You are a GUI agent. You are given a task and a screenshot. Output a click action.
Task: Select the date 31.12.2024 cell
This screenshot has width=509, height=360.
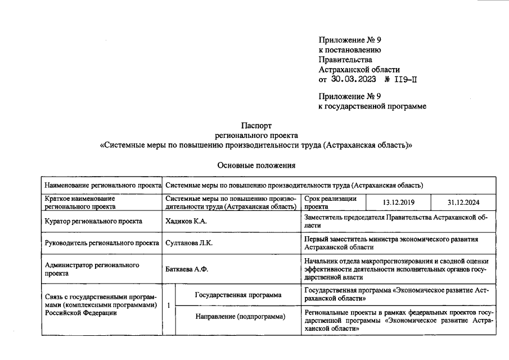click(x=463, y=202)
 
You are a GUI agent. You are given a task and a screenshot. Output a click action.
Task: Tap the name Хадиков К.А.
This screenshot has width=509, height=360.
click(x=186, y=221)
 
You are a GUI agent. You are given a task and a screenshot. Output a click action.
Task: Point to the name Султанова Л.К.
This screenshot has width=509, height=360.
click(x=189, y=243)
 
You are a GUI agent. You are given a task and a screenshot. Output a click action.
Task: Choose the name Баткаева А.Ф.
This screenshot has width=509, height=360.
click(x=187, y=269)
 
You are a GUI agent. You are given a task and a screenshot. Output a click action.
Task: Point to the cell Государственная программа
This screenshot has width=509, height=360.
click(x=238, y=294)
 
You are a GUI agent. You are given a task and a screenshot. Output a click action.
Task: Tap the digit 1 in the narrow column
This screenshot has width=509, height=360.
click(x=169, y=305)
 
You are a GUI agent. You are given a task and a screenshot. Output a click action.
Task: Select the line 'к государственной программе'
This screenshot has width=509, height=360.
click(x=372, y=106)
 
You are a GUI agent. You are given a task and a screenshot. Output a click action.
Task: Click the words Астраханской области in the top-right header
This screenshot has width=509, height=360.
click(x=359, y=70)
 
